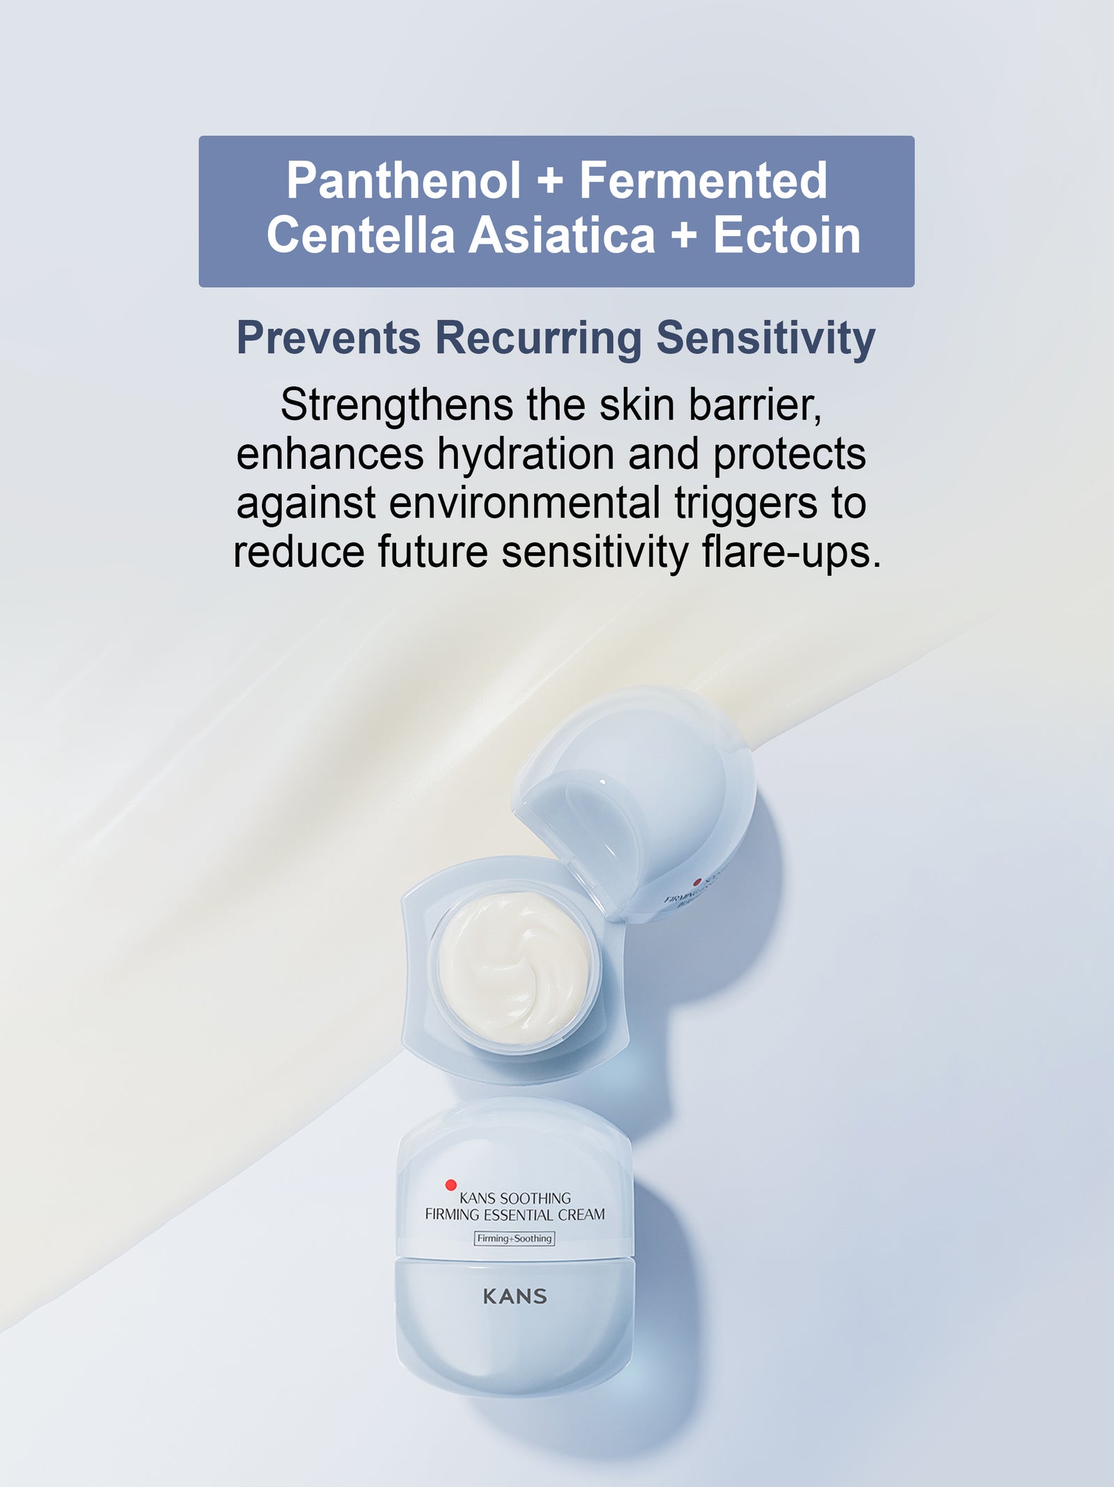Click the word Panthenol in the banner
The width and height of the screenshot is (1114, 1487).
coord(404,181)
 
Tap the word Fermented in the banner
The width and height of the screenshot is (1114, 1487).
coord(703,181)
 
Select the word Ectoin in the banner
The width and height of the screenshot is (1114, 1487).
coord(787,235)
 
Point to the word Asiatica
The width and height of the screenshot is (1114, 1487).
coord(562,235)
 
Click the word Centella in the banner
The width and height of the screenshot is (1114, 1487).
coord(361,235)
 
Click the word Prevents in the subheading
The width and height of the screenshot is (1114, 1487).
coord(329,338)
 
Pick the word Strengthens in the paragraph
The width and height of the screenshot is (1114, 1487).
coord(397,406)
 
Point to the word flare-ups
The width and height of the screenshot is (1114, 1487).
coord(792,553)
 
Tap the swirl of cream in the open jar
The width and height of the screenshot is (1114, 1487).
coord(514,970)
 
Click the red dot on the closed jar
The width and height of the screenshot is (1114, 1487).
coord(451,1185)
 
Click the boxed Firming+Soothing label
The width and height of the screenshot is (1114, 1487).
coord(515,1238)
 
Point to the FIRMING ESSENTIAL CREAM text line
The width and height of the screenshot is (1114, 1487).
coord(515,1215)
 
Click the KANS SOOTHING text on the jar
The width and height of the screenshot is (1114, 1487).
coord(515,1198)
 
